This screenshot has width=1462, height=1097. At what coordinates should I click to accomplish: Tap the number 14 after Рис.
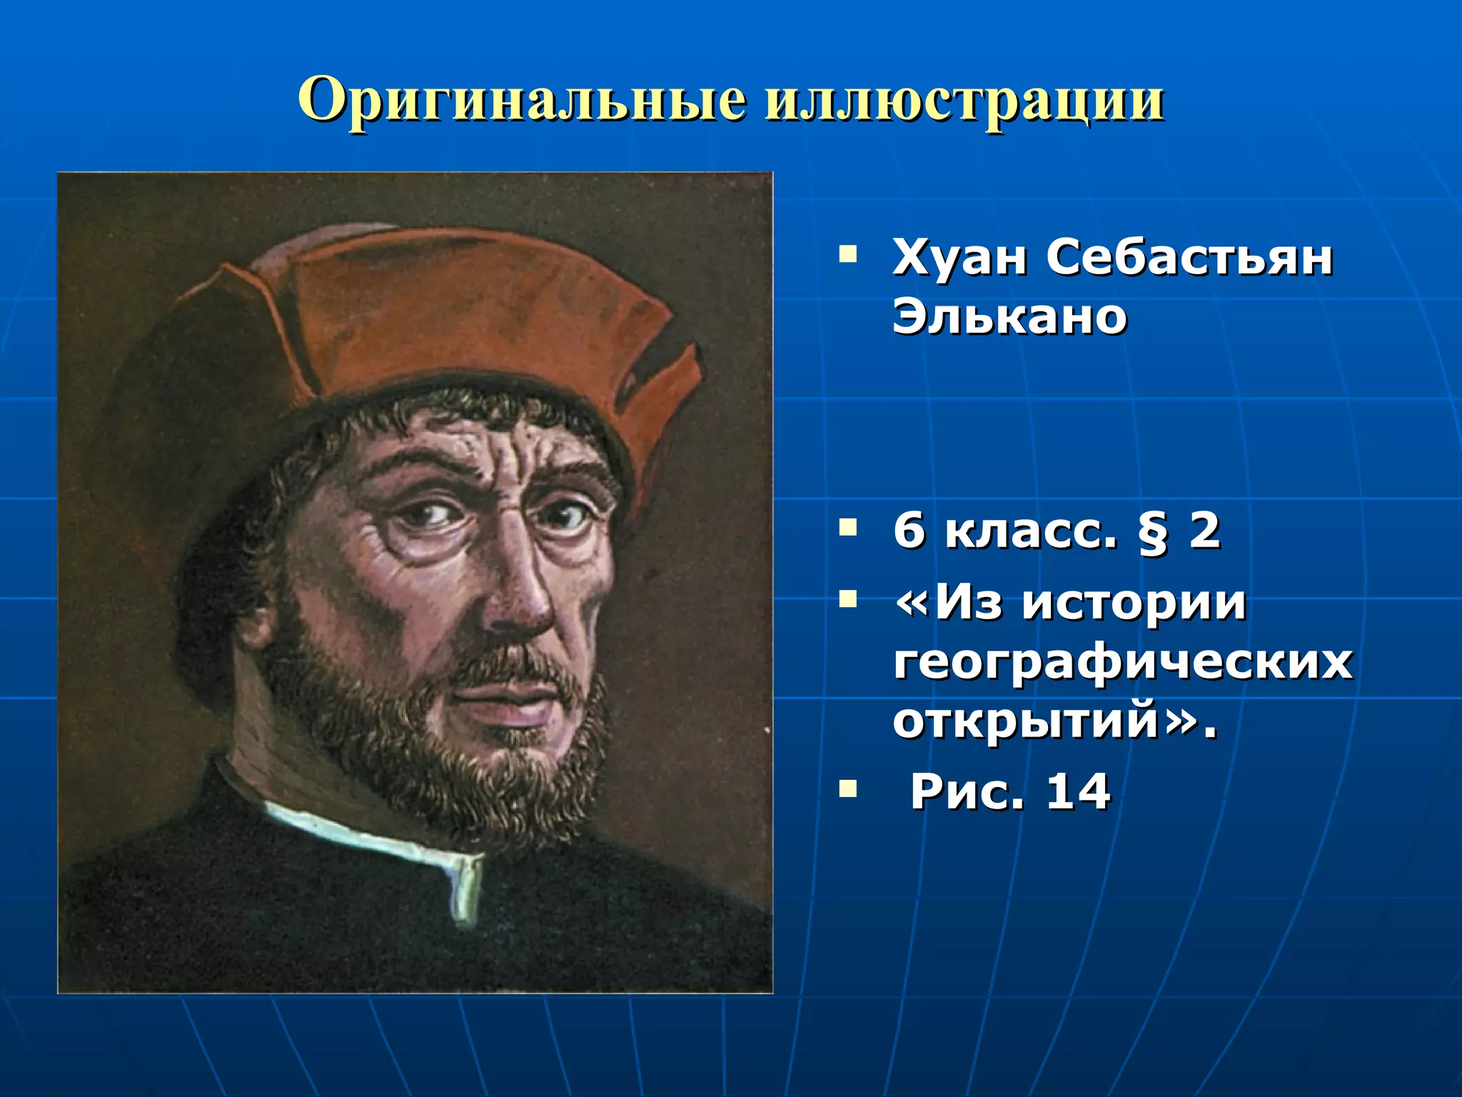[1078, 791]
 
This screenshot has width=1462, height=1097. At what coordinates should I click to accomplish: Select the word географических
[1123, 663]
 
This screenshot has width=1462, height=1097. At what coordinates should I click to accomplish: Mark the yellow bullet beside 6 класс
[848, 528]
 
